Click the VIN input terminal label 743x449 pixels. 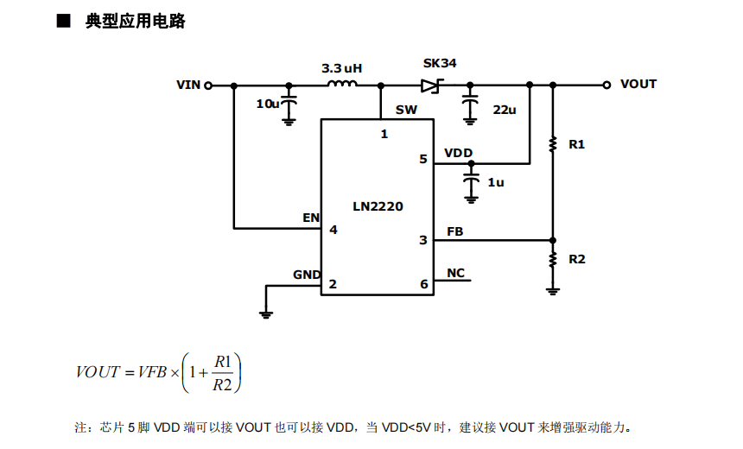[x=188, y=85]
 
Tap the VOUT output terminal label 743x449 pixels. [x=638, y=84]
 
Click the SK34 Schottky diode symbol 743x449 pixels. [x=431, y=85]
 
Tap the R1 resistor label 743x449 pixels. [x=577, y=144]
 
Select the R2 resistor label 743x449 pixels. [x=577, y=259]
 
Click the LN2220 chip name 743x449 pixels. [x=378, y=206]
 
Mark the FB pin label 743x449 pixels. [x=454, y=231]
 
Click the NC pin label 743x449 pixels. [x=455, y=274]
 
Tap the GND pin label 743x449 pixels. [x=307, y=275]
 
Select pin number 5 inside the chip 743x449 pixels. [x=423, y=160]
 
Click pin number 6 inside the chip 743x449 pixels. [x=423, y=284]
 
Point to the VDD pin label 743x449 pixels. [x=459, y=153]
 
